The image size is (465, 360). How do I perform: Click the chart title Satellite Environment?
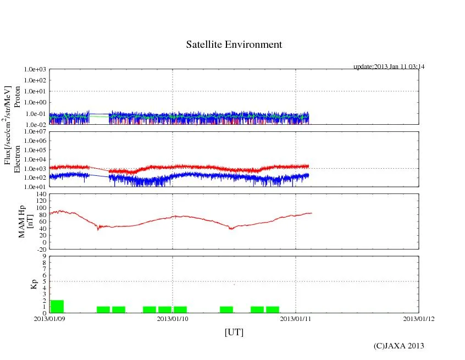(234, 45)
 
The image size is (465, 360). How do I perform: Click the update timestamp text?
(389, 67)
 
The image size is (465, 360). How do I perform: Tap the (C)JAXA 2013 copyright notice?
(398, 346)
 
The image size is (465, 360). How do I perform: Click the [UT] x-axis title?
(234, 333)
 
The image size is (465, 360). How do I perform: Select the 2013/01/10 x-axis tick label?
(173, 319)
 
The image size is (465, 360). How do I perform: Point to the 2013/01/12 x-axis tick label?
(419, 319)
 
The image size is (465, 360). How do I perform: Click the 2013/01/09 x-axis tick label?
(49, 319)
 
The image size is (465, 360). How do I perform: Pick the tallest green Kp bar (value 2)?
(57, 307)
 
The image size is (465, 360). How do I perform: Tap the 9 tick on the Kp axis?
(45, 256)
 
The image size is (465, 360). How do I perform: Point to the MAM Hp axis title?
(26, 218)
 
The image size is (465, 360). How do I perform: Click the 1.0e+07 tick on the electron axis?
(36, 132)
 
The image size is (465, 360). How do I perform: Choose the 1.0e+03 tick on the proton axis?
(36, 70)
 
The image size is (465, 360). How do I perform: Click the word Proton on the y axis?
(17, 97)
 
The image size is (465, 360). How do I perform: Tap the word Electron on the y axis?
(17, 159)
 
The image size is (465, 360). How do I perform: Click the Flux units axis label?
(8, 125)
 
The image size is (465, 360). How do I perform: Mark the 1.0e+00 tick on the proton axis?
(36, 103)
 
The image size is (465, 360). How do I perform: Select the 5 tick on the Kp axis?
(45, 281)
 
